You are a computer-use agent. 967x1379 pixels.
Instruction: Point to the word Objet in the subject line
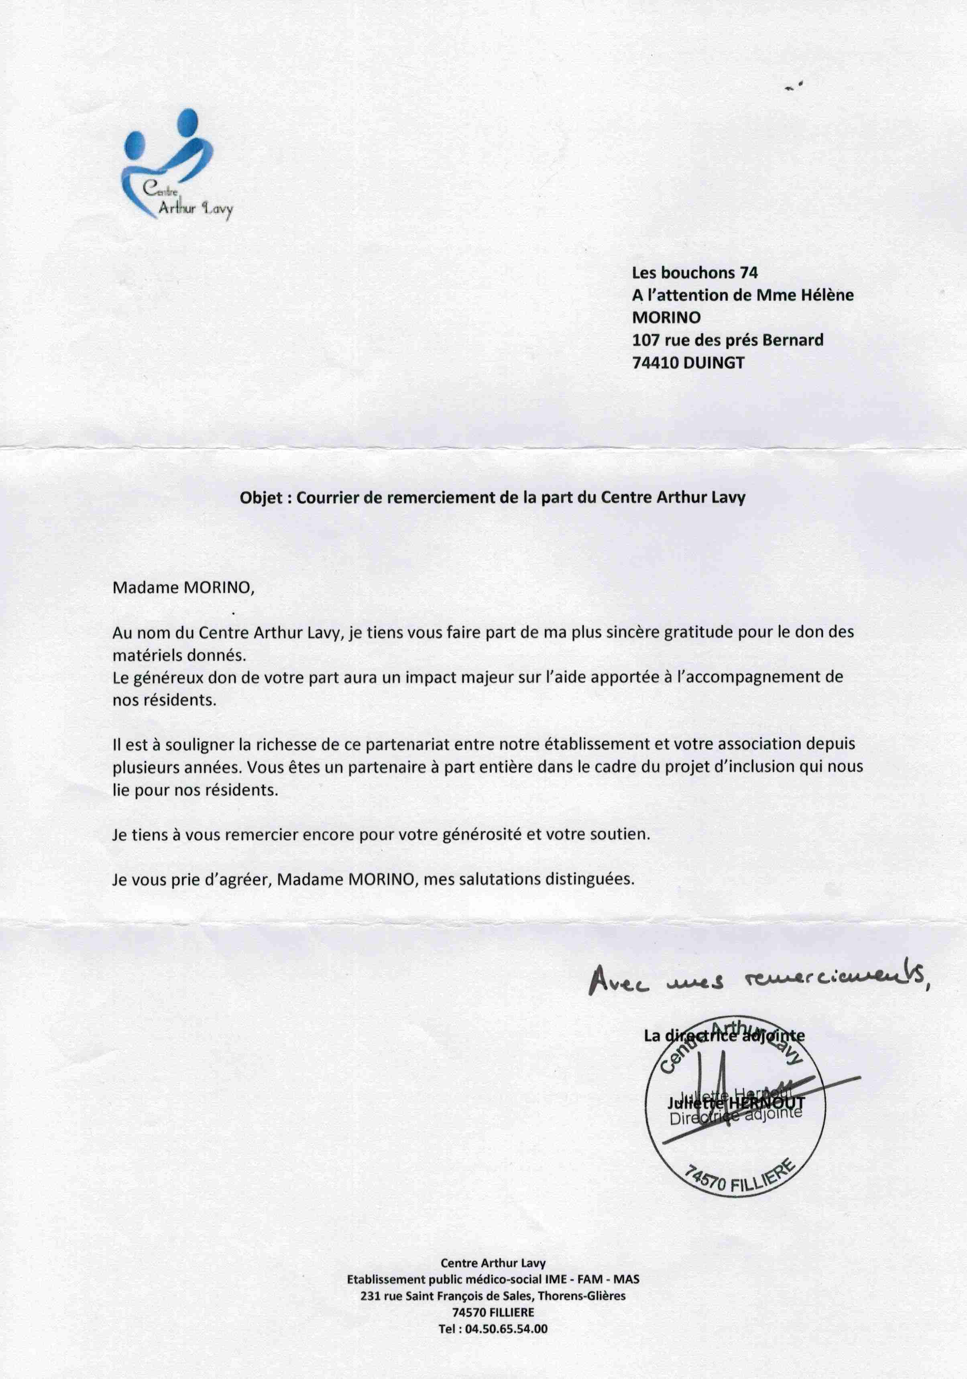(x=260, y=498)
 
